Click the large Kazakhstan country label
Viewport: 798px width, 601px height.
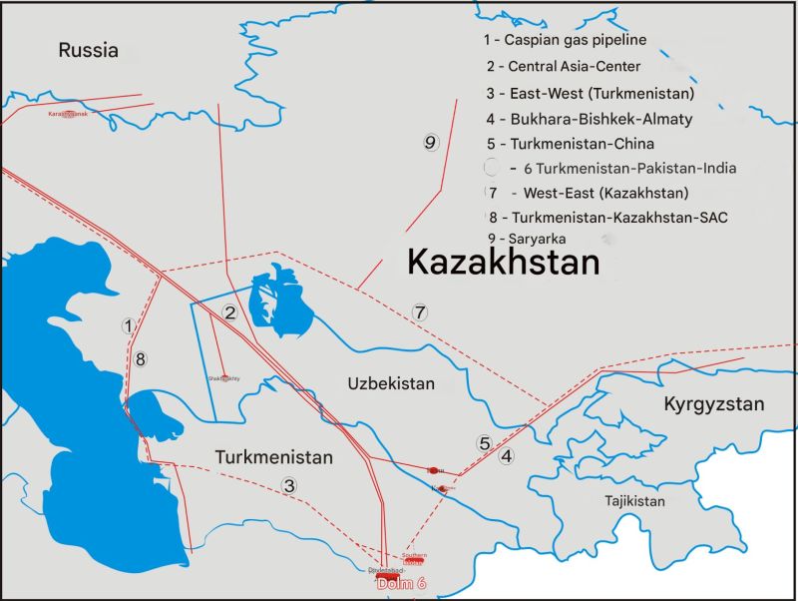pos(504,263)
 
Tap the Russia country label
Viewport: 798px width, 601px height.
pos(88,51)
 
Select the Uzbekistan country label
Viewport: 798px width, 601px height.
pos(391,383)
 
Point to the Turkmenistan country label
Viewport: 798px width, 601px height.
pos(272,457)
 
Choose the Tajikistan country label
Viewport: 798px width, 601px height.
pos(626,500)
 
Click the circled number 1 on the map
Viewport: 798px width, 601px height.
pos(128,325)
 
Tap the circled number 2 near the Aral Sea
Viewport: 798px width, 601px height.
pos(229,313)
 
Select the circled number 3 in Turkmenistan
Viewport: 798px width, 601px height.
pos(289,486)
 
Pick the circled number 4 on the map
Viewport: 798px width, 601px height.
pos(507,457)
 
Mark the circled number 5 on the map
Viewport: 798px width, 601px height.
pos(484,443)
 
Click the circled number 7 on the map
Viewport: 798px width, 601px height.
pos(420,311)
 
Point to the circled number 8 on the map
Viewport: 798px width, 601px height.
pos(141,358)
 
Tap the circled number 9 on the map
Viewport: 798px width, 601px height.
pos(430,143)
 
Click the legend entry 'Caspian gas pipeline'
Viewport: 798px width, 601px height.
pos(565,41)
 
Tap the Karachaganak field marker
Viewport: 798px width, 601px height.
pos(69,115)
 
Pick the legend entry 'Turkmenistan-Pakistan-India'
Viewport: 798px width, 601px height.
pos(629,168)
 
